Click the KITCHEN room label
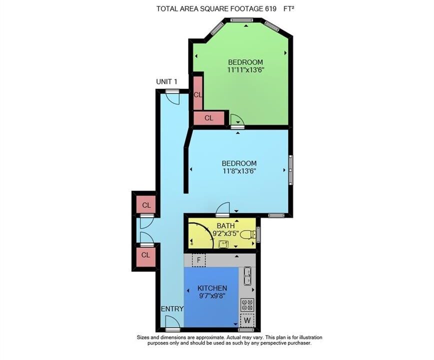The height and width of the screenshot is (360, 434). (x=212, y=288)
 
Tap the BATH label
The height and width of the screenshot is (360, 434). (x=225, y=226)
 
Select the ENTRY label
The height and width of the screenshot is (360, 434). (x=172, y=309)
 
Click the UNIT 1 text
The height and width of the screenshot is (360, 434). (x=166, y=81)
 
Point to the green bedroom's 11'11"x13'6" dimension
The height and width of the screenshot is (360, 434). (x=245, y=69)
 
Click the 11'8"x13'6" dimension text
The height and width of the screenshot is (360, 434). (x=239, y=171)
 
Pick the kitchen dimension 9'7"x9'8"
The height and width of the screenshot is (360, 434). (x=212, y=295)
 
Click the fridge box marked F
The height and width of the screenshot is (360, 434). (x=198, y=260)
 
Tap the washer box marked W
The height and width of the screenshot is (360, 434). (x=247, y=320)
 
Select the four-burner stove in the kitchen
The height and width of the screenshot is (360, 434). (x=247, y=304)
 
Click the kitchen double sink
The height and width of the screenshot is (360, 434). (x=247, y=275)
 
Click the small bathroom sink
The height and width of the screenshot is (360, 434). (x=223, y=244)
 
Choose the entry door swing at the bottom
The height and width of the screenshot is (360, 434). (x=172, y=322)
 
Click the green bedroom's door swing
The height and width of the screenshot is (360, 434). (x=236, y=119)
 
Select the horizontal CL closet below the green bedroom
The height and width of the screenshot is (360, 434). (x=208, y=118)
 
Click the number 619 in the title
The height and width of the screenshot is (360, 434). (x=270, y=9)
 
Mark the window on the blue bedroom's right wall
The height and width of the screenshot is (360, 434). (x=290, y=170)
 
